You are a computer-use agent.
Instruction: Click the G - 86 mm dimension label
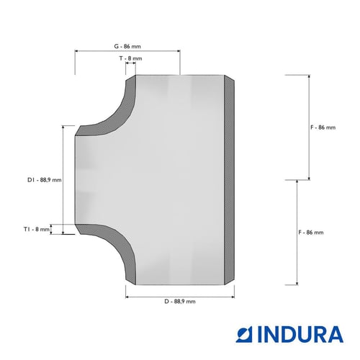point(127,46)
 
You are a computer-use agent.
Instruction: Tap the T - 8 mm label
point(131,58)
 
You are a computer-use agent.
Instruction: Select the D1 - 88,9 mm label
point(45,180)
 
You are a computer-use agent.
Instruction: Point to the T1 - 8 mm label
point(37,229)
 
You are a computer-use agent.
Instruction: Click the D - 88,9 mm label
point(180,302)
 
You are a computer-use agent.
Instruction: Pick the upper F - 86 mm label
point(323,127)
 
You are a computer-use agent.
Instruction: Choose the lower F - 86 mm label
point(311,233)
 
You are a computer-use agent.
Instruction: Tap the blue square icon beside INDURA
point(245,334)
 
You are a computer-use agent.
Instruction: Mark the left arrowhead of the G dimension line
point(76,51)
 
